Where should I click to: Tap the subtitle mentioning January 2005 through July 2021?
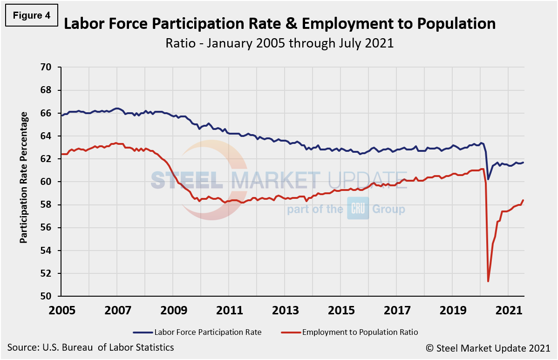click(x=279, y=43)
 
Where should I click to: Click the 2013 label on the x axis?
click(x=285, y=310)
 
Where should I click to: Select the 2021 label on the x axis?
click(x=508, y=310)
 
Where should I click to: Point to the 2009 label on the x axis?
click(x=173, y=310)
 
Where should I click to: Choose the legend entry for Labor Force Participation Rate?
click(x=197, y=332)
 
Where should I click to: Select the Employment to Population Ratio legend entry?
click(x=349, y=332)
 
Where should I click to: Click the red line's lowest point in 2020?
click(x=488, y=281)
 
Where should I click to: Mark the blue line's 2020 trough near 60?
click(x=488, y=179)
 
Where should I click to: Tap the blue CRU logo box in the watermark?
click(x=358, y=209)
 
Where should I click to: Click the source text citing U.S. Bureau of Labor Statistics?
click(x=90, y=347)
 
